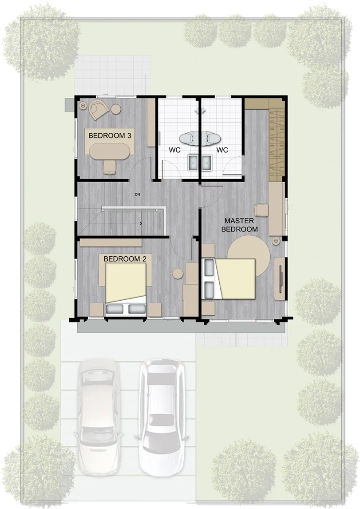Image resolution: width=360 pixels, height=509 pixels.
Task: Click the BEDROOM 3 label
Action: tap(110, 136)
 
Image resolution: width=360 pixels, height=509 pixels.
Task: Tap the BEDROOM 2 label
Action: tap(125, 259)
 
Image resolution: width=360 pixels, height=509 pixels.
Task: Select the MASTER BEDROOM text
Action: tap(239, 225)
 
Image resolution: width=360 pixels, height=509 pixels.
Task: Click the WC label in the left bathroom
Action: tap(174, 150)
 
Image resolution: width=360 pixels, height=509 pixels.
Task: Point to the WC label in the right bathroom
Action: tap(222, 150)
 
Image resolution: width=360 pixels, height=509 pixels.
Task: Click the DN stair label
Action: tap(138, 195)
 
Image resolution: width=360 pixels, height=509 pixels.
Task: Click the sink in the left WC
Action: tap(193, 162)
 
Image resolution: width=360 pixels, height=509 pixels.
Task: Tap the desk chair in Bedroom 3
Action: tap(109, 167)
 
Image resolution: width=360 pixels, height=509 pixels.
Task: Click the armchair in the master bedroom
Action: tap(261, 210)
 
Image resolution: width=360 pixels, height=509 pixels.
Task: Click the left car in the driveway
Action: tap(98, 417)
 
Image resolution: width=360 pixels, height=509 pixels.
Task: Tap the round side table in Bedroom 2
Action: tap(178, 274)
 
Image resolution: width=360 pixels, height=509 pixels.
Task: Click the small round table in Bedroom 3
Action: tap(116, 109)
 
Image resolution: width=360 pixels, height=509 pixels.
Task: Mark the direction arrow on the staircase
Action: tap(141, 223)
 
